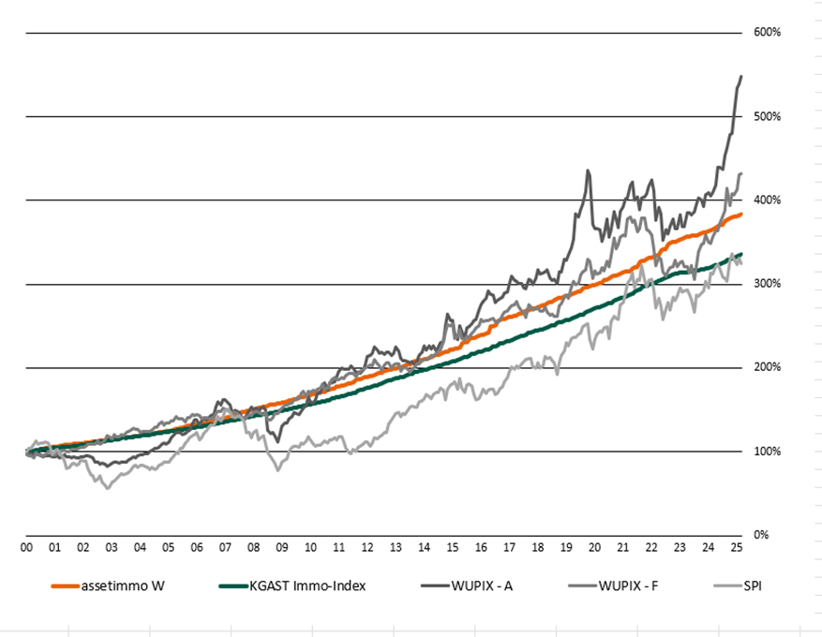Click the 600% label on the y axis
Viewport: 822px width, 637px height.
768,33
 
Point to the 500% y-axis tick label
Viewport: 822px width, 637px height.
768,116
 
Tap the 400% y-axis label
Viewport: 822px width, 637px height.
768,200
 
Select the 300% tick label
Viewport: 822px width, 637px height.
768,284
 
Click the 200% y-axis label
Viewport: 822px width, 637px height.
768,367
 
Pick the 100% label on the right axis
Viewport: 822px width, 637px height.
768,452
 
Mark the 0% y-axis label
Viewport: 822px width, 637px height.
761,535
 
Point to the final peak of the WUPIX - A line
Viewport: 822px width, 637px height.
741,76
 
